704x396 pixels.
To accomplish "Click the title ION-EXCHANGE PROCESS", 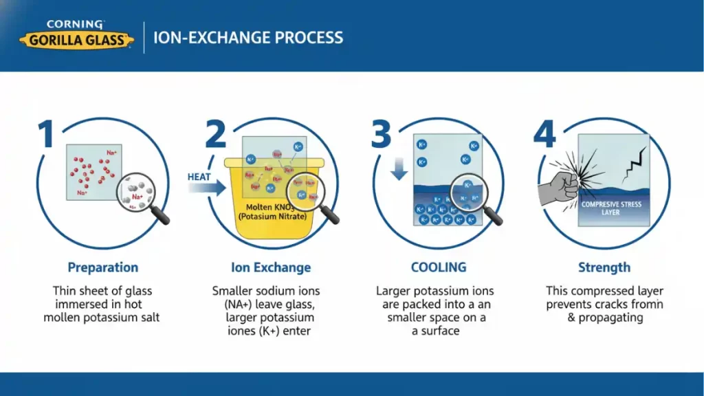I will pyautogui.click(x=248, y=37).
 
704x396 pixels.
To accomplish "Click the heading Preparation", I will pyautogui.click(x=103, y=267).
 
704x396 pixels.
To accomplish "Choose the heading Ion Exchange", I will pyautogui.click(x=271, y=267).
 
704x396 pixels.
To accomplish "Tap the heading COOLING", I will pyautogui.click(x=439, y=267).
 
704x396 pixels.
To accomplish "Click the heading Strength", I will pyautogui.click(x=604, y=267).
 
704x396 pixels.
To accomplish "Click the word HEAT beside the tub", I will pyautogui.click(x=199, y=177).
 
